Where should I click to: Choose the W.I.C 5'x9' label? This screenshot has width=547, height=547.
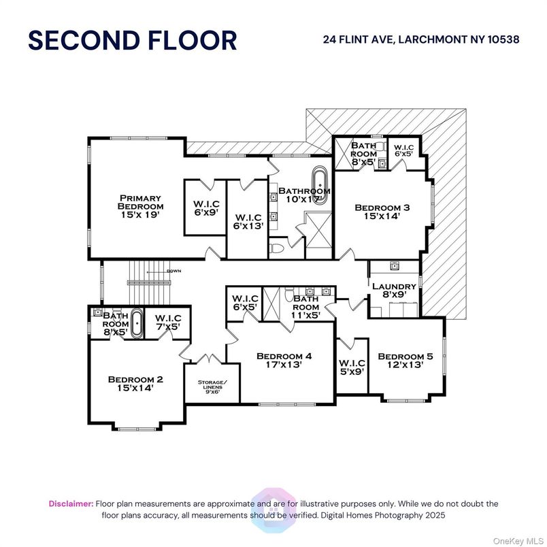352,367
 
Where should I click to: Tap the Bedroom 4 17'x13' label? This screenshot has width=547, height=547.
284,360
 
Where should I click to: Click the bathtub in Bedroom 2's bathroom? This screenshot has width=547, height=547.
137,323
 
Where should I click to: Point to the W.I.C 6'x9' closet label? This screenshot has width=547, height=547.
205,208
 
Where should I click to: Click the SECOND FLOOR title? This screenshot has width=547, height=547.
132,41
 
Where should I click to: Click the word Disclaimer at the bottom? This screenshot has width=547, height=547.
71,503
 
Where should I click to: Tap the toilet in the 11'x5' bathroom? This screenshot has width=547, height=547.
288,295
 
